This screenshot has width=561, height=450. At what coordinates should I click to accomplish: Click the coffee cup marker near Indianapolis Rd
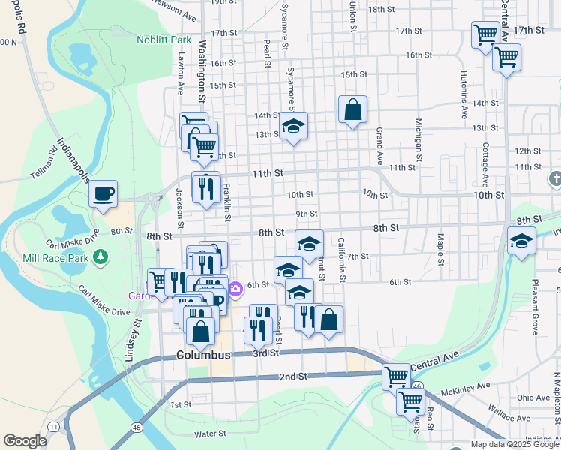coord(103,194)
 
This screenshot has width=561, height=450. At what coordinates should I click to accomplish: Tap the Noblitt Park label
coord(164,39)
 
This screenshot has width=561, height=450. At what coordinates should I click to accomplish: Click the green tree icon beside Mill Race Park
coord(100,257)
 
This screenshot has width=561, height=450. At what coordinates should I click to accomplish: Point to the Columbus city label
coord(203,354)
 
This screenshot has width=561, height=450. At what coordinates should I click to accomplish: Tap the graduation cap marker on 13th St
coord(294,127)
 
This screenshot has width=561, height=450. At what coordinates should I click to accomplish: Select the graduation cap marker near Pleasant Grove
coord(520,241)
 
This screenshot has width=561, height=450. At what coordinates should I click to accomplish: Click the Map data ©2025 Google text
coord(515,444)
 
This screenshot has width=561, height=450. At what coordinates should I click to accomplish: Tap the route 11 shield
coord(52,426)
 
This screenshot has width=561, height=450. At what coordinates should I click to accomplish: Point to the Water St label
coord(210,433)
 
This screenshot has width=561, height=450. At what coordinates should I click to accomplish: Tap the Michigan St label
coord(418,136)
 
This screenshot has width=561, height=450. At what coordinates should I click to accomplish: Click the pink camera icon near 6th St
coord(235,287)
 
